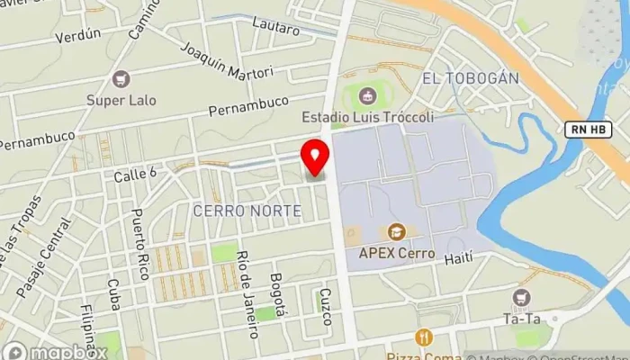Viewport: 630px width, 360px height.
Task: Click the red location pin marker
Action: coord(315,158)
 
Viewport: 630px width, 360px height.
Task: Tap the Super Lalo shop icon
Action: coord(121,80)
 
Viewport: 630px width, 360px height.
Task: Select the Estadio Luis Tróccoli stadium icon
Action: coord(366,95)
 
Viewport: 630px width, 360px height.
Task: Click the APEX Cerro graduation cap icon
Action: coord(396,232)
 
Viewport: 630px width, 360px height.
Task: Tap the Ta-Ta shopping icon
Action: coord(520,297)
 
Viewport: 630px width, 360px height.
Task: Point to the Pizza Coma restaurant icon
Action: coord(424,337)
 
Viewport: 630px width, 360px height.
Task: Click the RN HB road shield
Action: coord(589,130)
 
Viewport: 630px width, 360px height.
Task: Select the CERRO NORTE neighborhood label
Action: coord(247,211)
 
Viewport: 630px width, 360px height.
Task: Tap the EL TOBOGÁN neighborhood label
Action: coord(470,78)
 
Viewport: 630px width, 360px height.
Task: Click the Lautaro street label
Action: coord(275,27)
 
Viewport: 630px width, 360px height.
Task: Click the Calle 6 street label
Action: coord(135,175)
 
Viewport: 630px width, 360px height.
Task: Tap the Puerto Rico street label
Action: coord(140,244)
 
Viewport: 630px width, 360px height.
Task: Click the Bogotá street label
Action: coord(279,295)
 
